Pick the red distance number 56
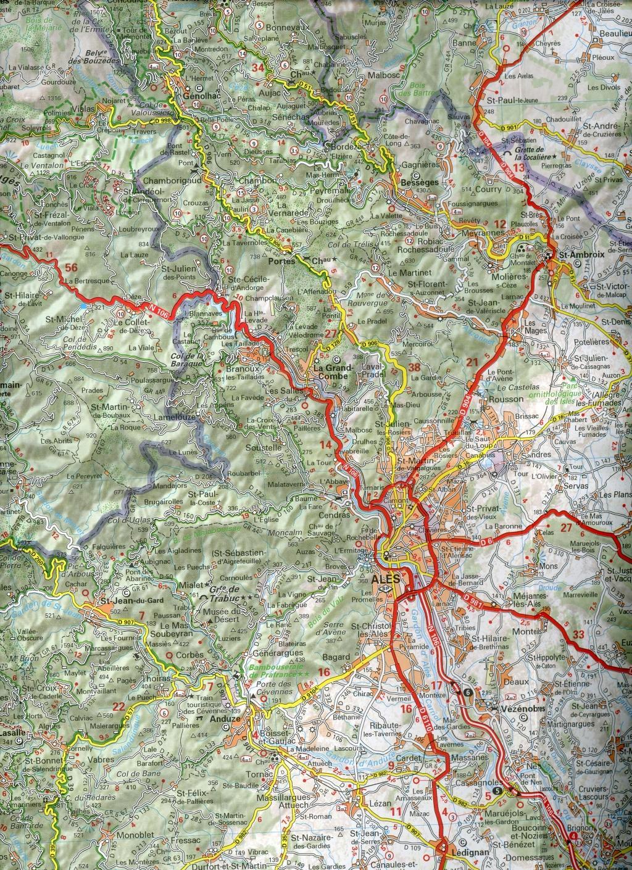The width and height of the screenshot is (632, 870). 72,267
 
